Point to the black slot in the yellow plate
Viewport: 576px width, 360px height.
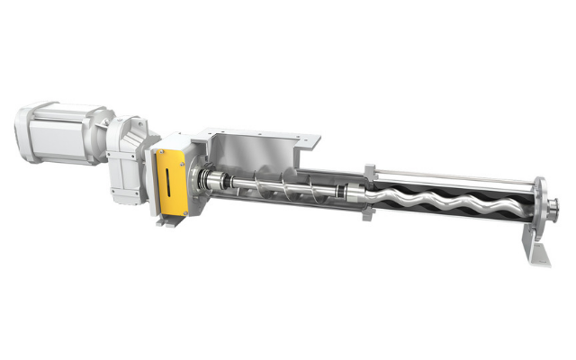167,181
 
